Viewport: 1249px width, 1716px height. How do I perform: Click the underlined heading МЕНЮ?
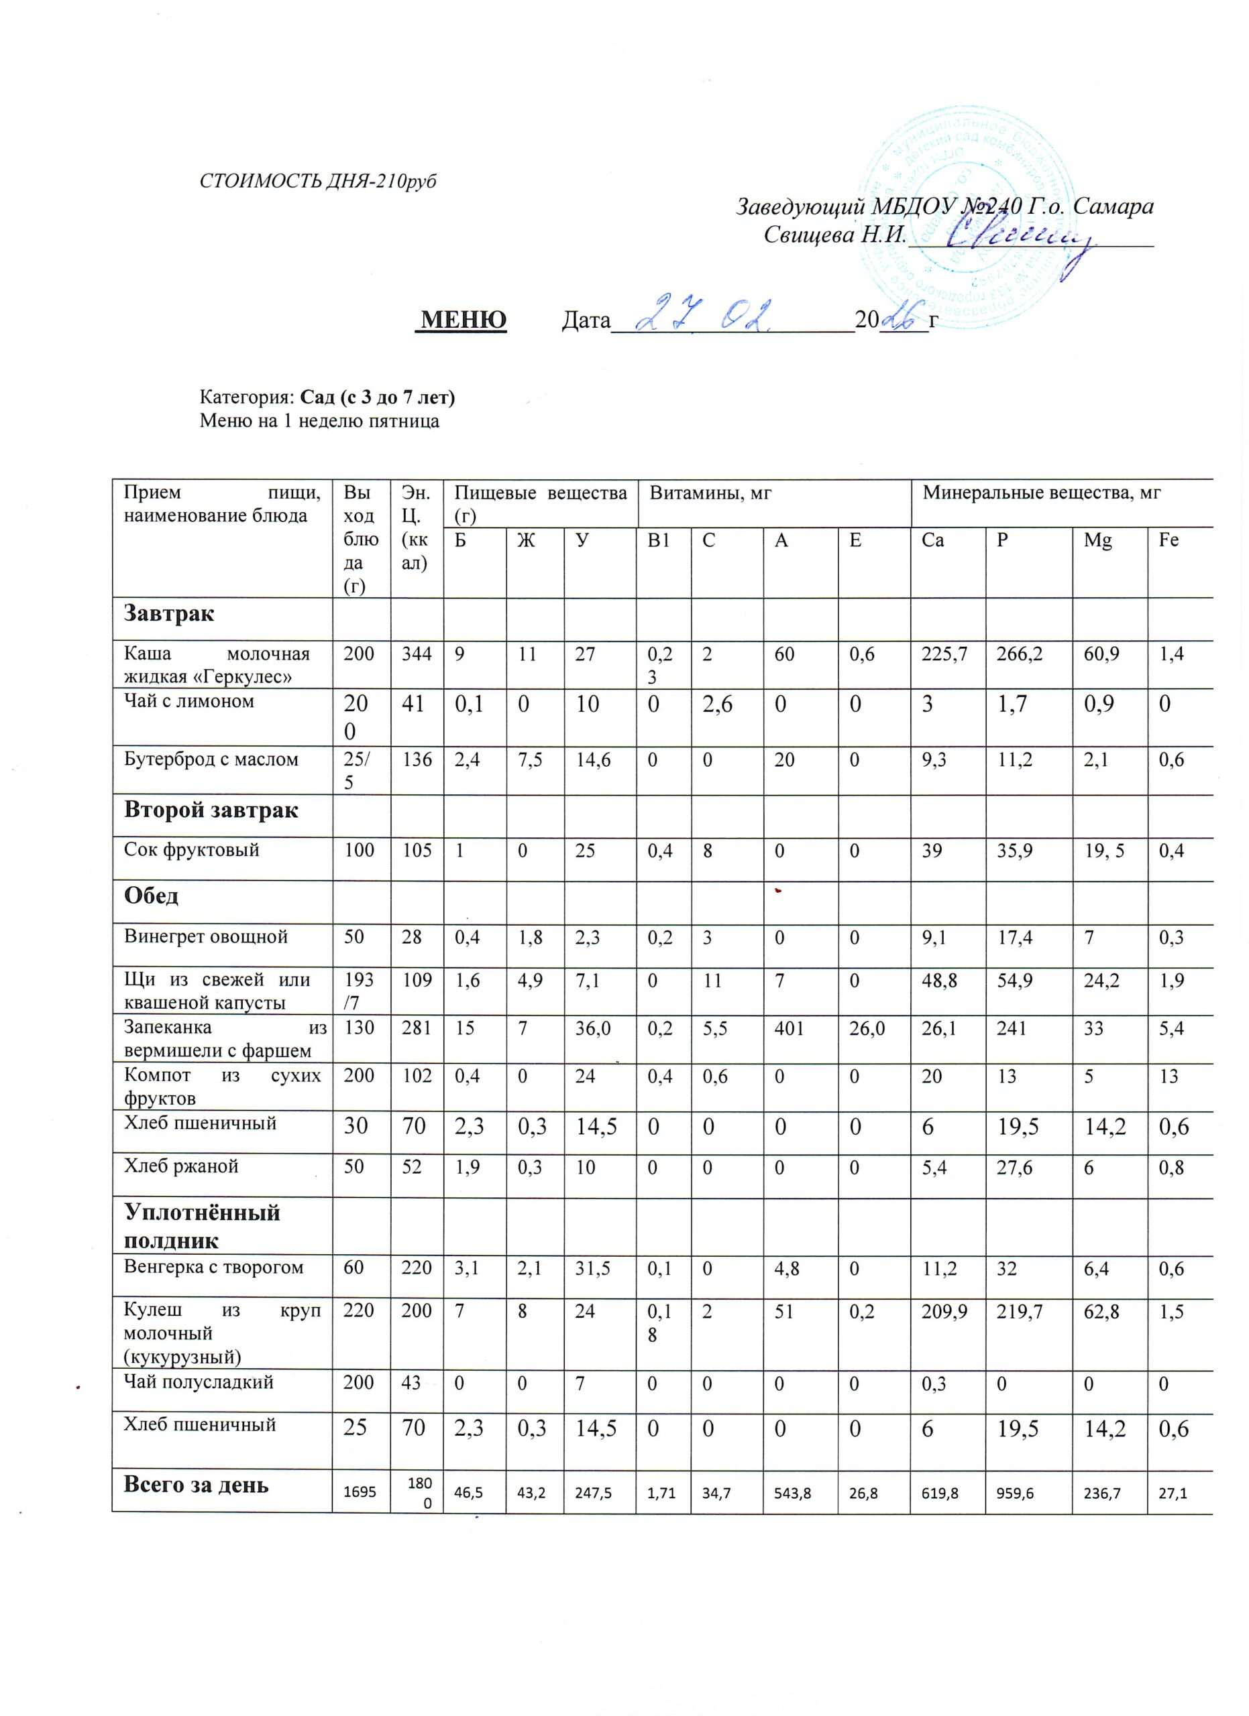click(464, 320)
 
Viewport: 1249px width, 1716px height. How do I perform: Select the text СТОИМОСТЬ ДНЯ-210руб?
click(318, 182)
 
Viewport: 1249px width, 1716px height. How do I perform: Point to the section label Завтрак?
click(169, 613)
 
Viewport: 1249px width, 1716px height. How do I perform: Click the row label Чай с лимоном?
click(189, 701)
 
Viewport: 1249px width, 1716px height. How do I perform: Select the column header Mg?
click(1097, 541)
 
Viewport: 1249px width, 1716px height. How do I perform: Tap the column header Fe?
click(1169, 541)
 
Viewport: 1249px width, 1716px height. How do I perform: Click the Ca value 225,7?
click(943, 654)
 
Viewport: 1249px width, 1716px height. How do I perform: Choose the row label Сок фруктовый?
click(192, 851)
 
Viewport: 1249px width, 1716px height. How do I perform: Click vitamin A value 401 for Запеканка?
click(789, 1029)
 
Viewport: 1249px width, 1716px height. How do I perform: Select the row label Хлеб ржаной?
click(181, 1166)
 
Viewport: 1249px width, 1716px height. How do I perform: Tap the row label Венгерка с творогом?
click(213, 1268)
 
